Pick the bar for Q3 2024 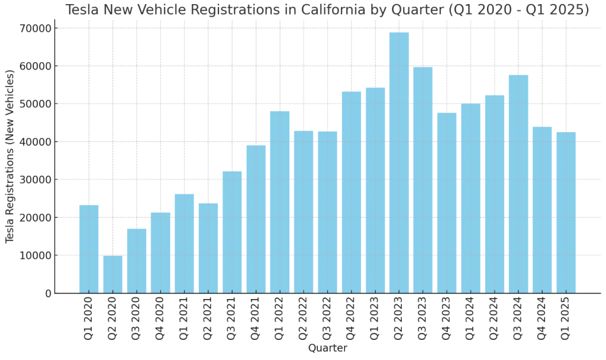pyautogui.click(x=518, y=184)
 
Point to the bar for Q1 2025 pyautogui.click(x=566, y=213)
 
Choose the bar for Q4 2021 pyautogui.click(x=256, y=219)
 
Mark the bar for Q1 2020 pyautogui.click(x=89, y=249)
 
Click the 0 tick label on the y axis pyautogui.click(x=48, y=294)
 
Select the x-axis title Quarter pyautogui.click(x=327, y=348)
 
